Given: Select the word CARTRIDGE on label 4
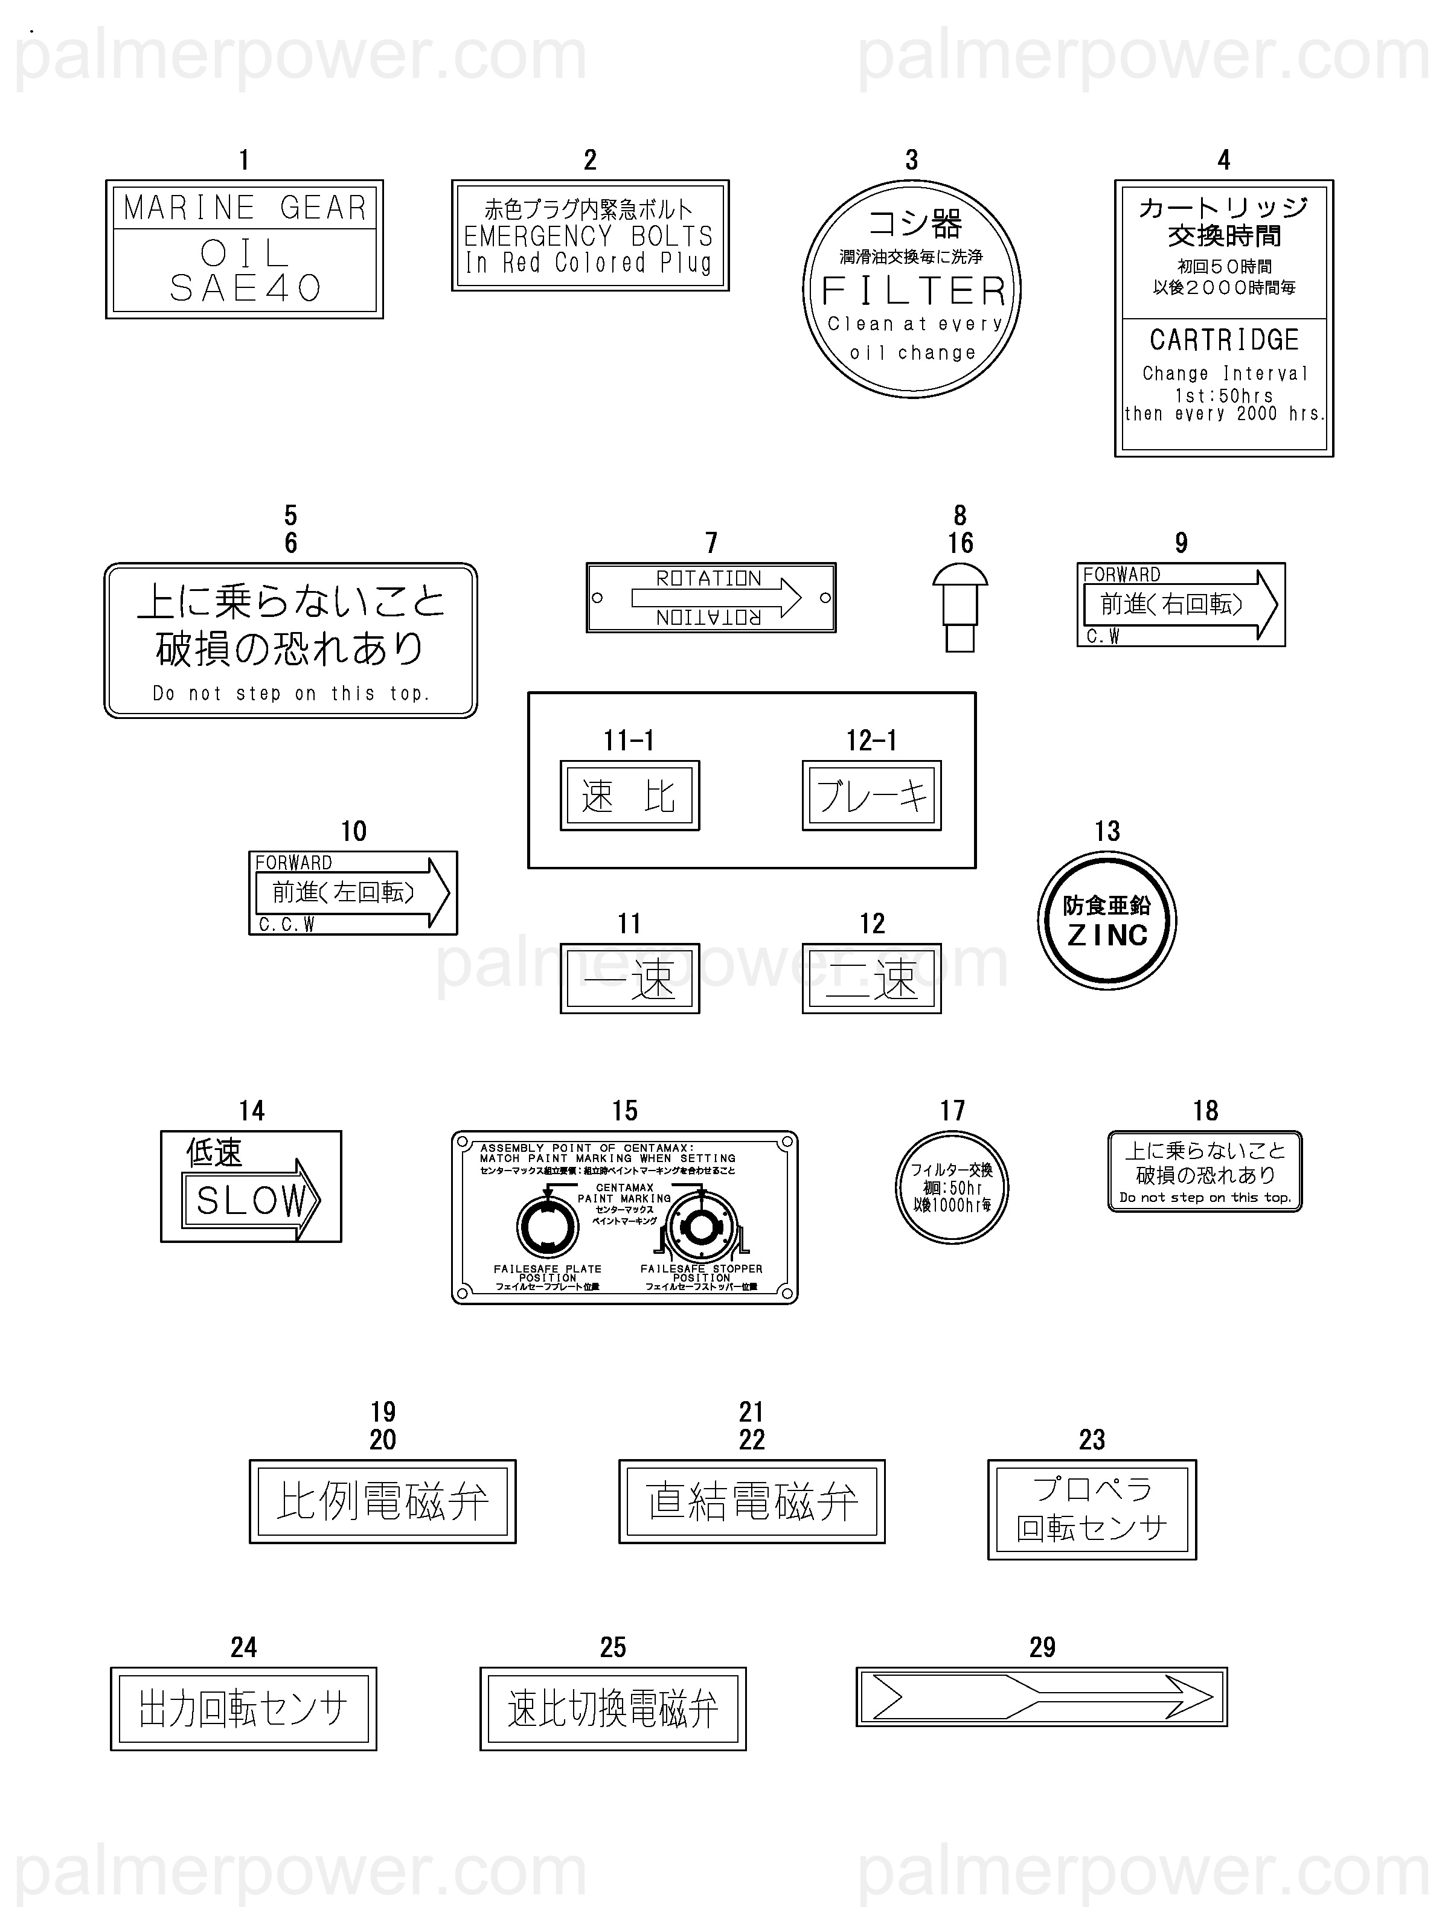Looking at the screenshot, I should (1223, 340).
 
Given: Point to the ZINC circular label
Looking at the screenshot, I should (1107, 920).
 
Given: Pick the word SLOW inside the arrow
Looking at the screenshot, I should (250, 1199).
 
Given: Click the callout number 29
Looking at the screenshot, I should (1042, 1647).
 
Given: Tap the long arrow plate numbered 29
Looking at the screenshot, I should (1042, 1698).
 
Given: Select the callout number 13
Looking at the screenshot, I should (1107, 831).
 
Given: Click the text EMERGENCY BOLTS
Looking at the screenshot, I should (589, 236).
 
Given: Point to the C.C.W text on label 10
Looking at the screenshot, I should (286, 925).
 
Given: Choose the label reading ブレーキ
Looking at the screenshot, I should (872, 796).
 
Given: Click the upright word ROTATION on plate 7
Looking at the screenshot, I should (709, 578).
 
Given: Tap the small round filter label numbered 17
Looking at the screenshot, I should (952, 1187).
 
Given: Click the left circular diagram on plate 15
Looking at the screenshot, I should (548, 1227).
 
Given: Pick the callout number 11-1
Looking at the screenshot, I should (629, 741).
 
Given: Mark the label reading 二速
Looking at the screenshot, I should (872, 979).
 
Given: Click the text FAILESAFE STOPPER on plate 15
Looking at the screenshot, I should (701, 1269).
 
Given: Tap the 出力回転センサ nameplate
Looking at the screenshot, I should (244, 1709).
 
